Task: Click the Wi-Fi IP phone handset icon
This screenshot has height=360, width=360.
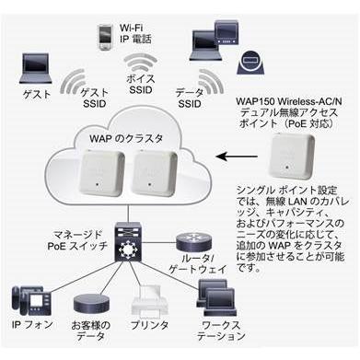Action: tap(105, 37)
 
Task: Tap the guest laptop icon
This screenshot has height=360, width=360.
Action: tap(36, 68)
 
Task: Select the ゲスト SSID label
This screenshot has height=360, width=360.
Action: tap(95, 98)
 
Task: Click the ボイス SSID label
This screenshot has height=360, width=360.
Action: tap(141, 84)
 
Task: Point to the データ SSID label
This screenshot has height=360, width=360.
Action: tap(190, 98)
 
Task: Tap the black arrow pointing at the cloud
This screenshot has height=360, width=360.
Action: tap(237, 157)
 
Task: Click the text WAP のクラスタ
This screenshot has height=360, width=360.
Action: tap(126, 138)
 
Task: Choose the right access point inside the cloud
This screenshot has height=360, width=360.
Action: tap(155, 173)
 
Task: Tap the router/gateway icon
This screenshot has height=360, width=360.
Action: tap(194, 242)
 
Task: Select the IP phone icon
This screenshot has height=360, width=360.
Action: tap(31, 301)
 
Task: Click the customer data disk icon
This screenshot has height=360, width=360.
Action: tap(91, 305)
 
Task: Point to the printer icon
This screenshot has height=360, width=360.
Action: tap(150, 302)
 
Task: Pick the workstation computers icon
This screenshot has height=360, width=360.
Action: tap(216, 298)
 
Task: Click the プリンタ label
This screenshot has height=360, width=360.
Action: tap(150, 325)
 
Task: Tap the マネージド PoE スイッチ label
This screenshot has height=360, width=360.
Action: tap(77, 240)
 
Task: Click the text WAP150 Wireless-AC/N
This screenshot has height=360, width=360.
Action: tap(289, 101)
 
